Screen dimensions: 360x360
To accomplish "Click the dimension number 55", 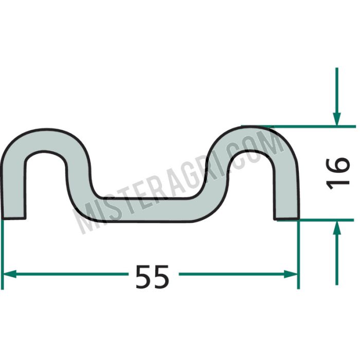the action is pyautogui.click(x=152, y=277).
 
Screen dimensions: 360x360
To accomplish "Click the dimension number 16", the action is pyautogui.click(x=338, y=174).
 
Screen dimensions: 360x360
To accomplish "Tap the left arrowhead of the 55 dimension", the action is pyautogui.click(x=9, y=274).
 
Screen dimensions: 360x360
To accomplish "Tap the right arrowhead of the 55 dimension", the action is pyautogui.click(x=291, y=274).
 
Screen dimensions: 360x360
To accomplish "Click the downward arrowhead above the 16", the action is pyautogui.click(x=337, y=119).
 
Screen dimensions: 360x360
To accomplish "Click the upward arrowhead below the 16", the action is pyautogui.click(x=337, y=228).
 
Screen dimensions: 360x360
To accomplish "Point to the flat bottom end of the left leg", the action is pyautogui.click(x=13, y=218).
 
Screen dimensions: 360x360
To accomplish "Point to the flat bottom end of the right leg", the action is pyautogui.click(x=286, y=219).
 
